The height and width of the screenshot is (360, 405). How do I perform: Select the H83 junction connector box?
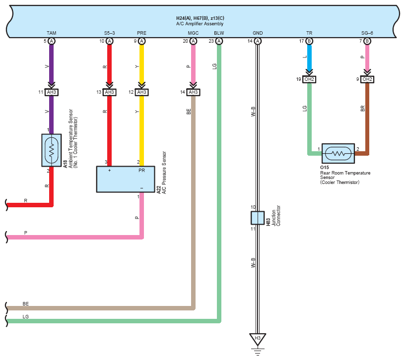pos(258,218)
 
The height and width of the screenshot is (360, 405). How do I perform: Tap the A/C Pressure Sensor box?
pos(126,179)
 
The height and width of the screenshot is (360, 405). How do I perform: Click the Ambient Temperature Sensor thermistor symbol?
pos(52,150)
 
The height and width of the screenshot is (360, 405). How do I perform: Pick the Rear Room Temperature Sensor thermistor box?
pos(338,154)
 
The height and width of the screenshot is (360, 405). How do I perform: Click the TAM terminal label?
pos(52,33)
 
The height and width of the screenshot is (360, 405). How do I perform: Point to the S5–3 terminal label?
pos(110,33)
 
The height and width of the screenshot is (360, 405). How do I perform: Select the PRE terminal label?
pos(141,33)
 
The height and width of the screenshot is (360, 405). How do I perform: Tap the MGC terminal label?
pos(193,33)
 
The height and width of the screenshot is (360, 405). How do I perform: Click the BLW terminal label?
pos(219,33)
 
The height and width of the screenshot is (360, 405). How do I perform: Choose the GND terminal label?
pos(258,33)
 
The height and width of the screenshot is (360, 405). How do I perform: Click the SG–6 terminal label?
pos(367,33)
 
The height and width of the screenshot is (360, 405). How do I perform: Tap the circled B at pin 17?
pos(309,41)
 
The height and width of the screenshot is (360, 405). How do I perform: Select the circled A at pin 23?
pos(219,41)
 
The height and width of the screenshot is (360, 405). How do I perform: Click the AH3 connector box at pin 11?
pos(52,92)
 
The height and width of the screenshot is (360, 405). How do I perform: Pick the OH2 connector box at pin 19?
pos(309,79)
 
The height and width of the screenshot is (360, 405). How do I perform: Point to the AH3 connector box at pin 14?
pos(193,92)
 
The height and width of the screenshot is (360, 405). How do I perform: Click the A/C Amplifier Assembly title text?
pos(200,24)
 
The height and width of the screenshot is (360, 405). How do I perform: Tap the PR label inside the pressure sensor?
pos(141,170)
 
